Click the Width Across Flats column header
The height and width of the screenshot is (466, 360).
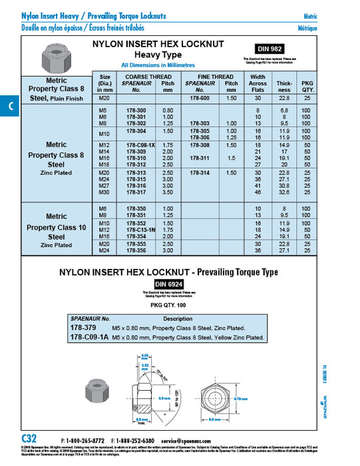pos(257,83)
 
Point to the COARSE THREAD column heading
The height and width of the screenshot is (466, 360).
pos(148,77)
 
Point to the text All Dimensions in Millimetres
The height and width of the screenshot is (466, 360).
pos(158,65)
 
